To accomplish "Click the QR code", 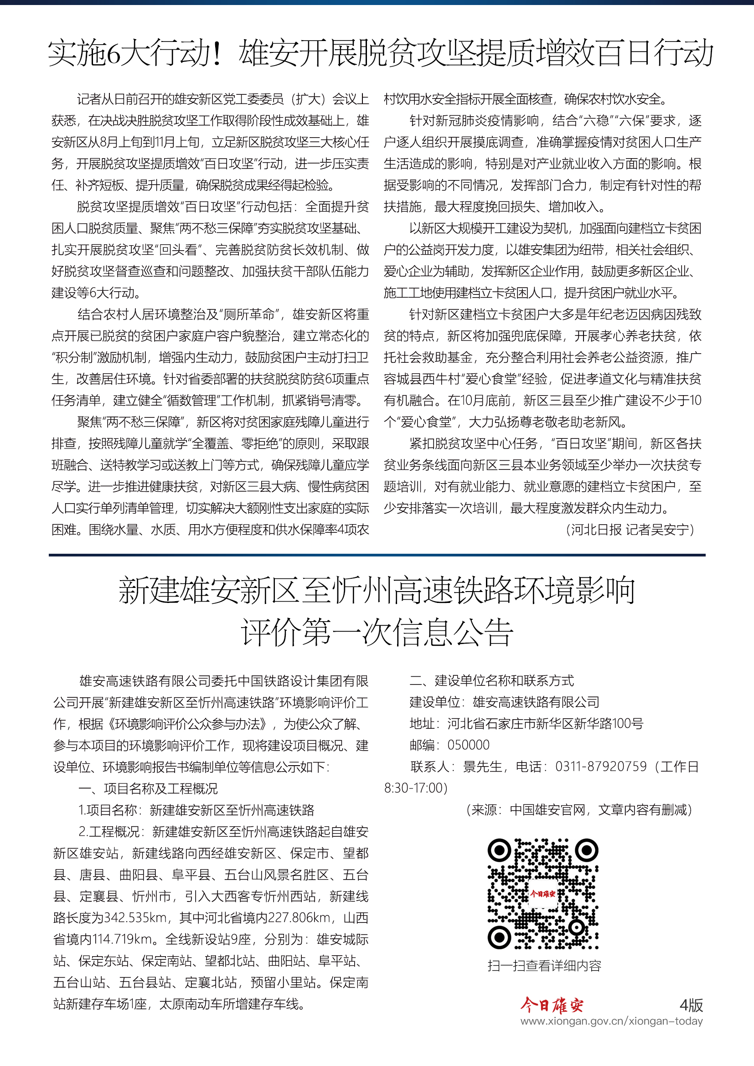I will pos(543,894).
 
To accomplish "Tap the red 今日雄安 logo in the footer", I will pos(552,1005).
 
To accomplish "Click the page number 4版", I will pos(691,1005).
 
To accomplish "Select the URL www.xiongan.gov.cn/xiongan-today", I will pos(611,1021).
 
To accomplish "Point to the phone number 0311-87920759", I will pos(601,767).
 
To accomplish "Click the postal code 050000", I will pos(468,745).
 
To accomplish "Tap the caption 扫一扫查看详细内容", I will pos(544,966).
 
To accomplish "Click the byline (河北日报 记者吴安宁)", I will pos(630,530).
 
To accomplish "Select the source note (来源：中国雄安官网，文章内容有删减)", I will pos(579,810).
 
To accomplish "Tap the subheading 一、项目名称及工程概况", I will pos(148,788).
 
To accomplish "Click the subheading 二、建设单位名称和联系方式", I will pos(492,680).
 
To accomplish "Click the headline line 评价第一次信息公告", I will pos(377,633).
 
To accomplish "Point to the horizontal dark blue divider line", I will pos(377,555).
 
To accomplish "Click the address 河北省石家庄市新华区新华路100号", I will pos(545,723).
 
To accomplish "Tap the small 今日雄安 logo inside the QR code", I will pos(543,894).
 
